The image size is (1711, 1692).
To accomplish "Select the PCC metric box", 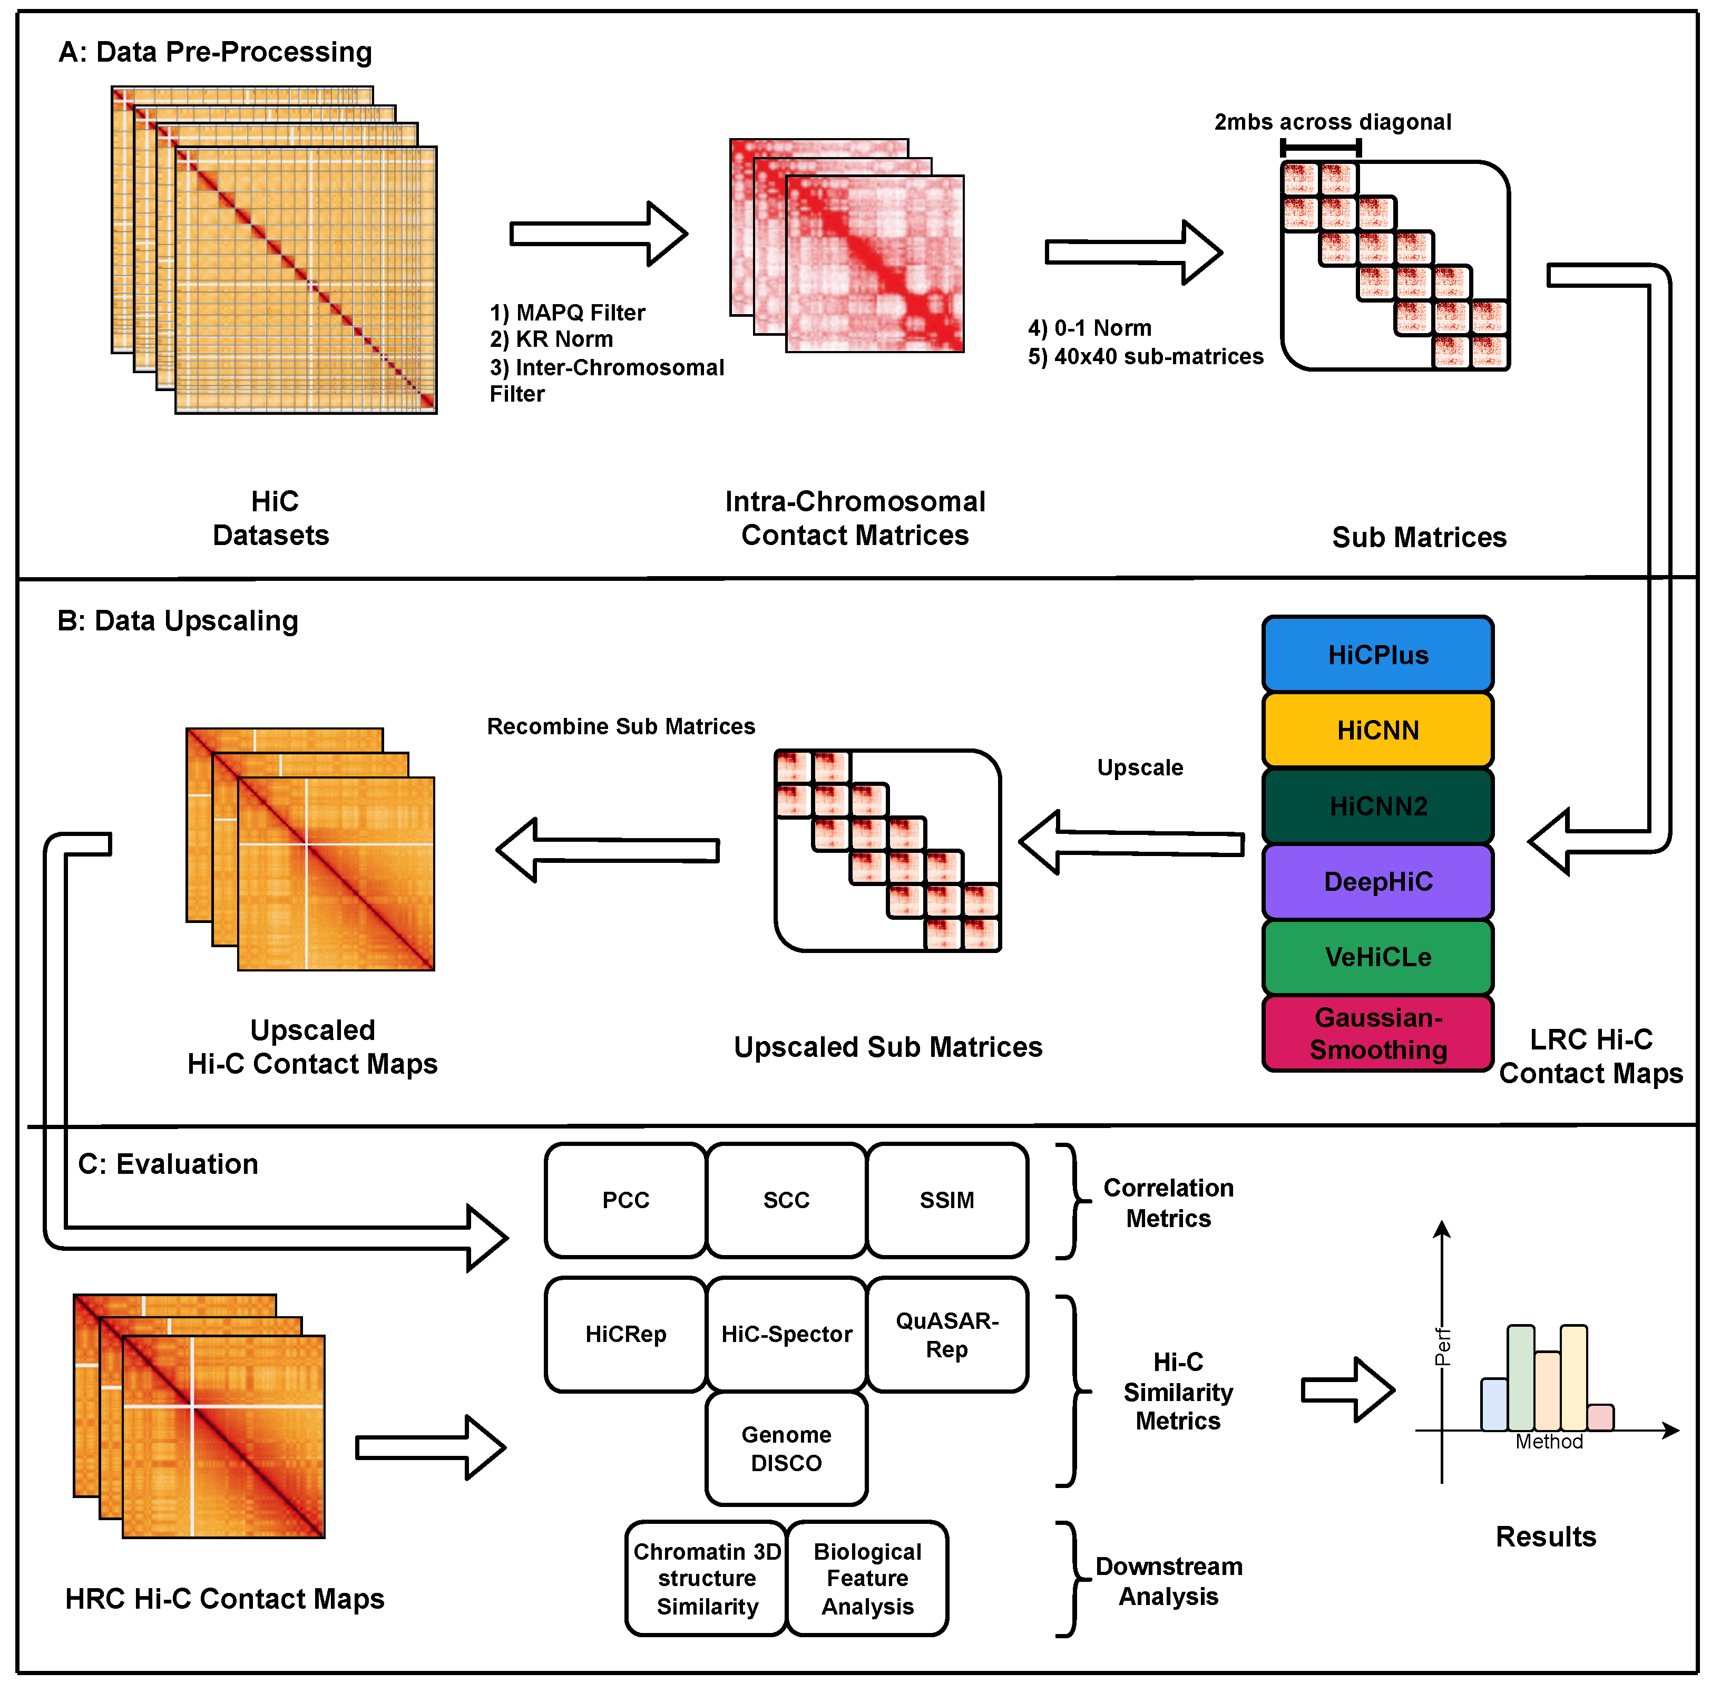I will click(625, 1200).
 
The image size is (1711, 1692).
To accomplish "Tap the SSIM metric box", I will click(947, 1200).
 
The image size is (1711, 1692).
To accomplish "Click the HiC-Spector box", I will click(786, 1334).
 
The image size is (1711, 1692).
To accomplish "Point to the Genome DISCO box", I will click(786, 1448).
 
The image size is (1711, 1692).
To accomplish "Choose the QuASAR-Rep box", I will click(947, 1334).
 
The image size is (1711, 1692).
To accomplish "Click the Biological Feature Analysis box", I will click(867, 1579).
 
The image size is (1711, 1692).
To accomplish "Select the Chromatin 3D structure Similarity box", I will click(707, 1579).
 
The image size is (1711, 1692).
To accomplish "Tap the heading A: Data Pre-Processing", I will click(215, 52).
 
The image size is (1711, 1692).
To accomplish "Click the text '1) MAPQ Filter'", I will click(567, 313).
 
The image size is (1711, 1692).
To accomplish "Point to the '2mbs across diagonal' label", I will click(1332, 122).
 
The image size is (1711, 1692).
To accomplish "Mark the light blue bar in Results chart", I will click(1494, 1404).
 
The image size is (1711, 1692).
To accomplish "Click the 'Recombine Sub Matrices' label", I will click(621, 726).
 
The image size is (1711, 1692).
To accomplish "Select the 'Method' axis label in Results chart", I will click(1549, 1441).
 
